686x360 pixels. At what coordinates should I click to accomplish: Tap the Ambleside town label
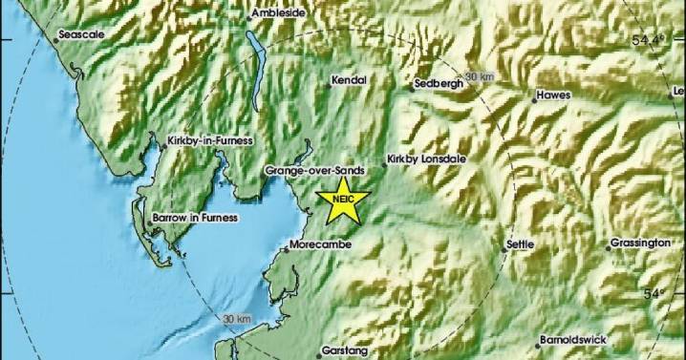point(283,14)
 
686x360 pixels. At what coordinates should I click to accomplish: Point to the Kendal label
point(349,82)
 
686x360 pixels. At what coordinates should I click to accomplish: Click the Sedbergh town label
point(439,84)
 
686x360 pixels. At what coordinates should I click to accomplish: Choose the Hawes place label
point(553,95)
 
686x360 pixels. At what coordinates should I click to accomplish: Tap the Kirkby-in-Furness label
point(209,141)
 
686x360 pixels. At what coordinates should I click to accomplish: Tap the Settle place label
point(519,244)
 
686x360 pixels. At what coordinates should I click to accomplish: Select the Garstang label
point(338,350)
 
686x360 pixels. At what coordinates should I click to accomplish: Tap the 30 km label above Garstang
point(235,318)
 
